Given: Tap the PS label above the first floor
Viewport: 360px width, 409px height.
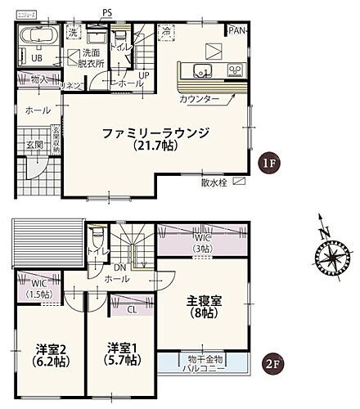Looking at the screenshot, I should tap(107, 12).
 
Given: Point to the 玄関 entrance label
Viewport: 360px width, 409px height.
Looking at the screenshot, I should tap(34, 144).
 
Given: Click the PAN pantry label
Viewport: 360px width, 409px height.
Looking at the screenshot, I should tap(237, 30).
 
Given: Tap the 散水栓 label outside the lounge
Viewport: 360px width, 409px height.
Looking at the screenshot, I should tap(214, 182).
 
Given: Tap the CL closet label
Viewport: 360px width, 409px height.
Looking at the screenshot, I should tap(132, 311).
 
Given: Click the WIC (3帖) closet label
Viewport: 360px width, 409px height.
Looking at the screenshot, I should tap(202, 243).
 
